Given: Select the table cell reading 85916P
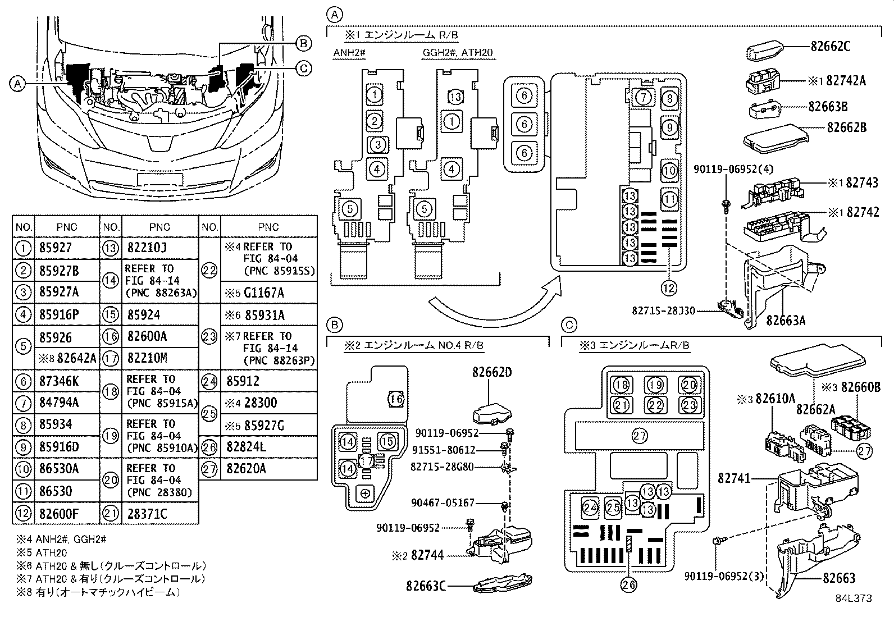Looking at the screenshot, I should pos(60,314).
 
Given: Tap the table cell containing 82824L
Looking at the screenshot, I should pos(247,447).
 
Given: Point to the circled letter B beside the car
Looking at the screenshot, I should pos(303,43).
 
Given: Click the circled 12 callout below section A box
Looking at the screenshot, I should pos(668,288).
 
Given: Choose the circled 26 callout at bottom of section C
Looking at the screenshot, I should pos(630,585).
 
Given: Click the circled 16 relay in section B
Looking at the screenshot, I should pos(396,399).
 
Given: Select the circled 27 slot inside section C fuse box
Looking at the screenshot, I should pos(640,435).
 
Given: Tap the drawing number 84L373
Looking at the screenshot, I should pos(853,598).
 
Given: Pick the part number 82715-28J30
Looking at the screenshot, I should pos(663,310).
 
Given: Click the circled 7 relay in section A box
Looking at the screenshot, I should pos(644,98).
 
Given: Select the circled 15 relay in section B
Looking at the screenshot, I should pos(387,441).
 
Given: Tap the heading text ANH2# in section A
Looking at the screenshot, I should pos(349,53).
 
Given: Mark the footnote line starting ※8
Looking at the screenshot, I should pos(99,592).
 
